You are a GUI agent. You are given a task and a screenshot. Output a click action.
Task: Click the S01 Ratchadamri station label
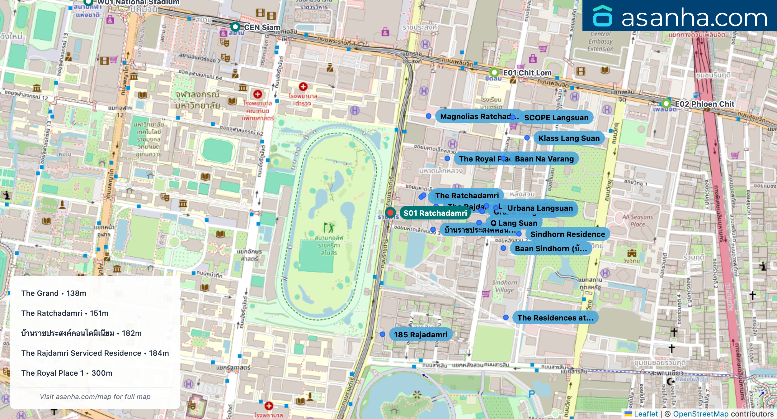point(435,213)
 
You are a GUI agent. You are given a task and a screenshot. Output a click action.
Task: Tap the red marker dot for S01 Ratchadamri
point(390,213)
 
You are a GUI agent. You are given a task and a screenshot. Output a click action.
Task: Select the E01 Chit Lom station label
point(527,73)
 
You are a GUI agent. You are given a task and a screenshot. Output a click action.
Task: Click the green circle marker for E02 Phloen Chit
point(666,104)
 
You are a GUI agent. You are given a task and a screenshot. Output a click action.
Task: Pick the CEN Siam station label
point(262,27)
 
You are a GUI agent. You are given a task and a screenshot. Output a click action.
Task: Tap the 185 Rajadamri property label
point(421,335)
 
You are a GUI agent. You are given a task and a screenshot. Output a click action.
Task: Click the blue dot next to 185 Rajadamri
point(383,334)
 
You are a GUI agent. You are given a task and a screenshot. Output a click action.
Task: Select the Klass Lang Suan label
point(569,138)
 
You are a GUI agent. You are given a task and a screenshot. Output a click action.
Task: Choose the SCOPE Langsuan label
point(556,118)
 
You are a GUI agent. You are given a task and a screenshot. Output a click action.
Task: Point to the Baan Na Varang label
point(544,159)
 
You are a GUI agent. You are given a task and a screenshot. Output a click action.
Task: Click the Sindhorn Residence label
point(567,234)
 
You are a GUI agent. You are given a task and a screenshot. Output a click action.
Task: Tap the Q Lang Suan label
point(514,223)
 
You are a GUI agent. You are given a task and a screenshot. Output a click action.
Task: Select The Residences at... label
point(555,318)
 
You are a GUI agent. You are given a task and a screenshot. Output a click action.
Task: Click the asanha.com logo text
point(694,18)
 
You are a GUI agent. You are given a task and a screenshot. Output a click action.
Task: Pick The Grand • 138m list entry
point(54,293)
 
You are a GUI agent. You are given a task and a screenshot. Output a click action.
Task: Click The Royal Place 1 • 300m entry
point(67,373)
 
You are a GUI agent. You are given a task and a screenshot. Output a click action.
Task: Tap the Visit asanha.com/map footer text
point(95,397)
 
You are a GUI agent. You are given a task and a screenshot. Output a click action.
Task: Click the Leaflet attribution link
point(646,414)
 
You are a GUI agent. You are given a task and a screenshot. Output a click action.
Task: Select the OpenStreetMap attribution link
point(700,414)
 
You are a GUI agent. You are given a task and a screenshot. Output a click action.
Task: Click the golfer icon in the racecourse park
point(329,228)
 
